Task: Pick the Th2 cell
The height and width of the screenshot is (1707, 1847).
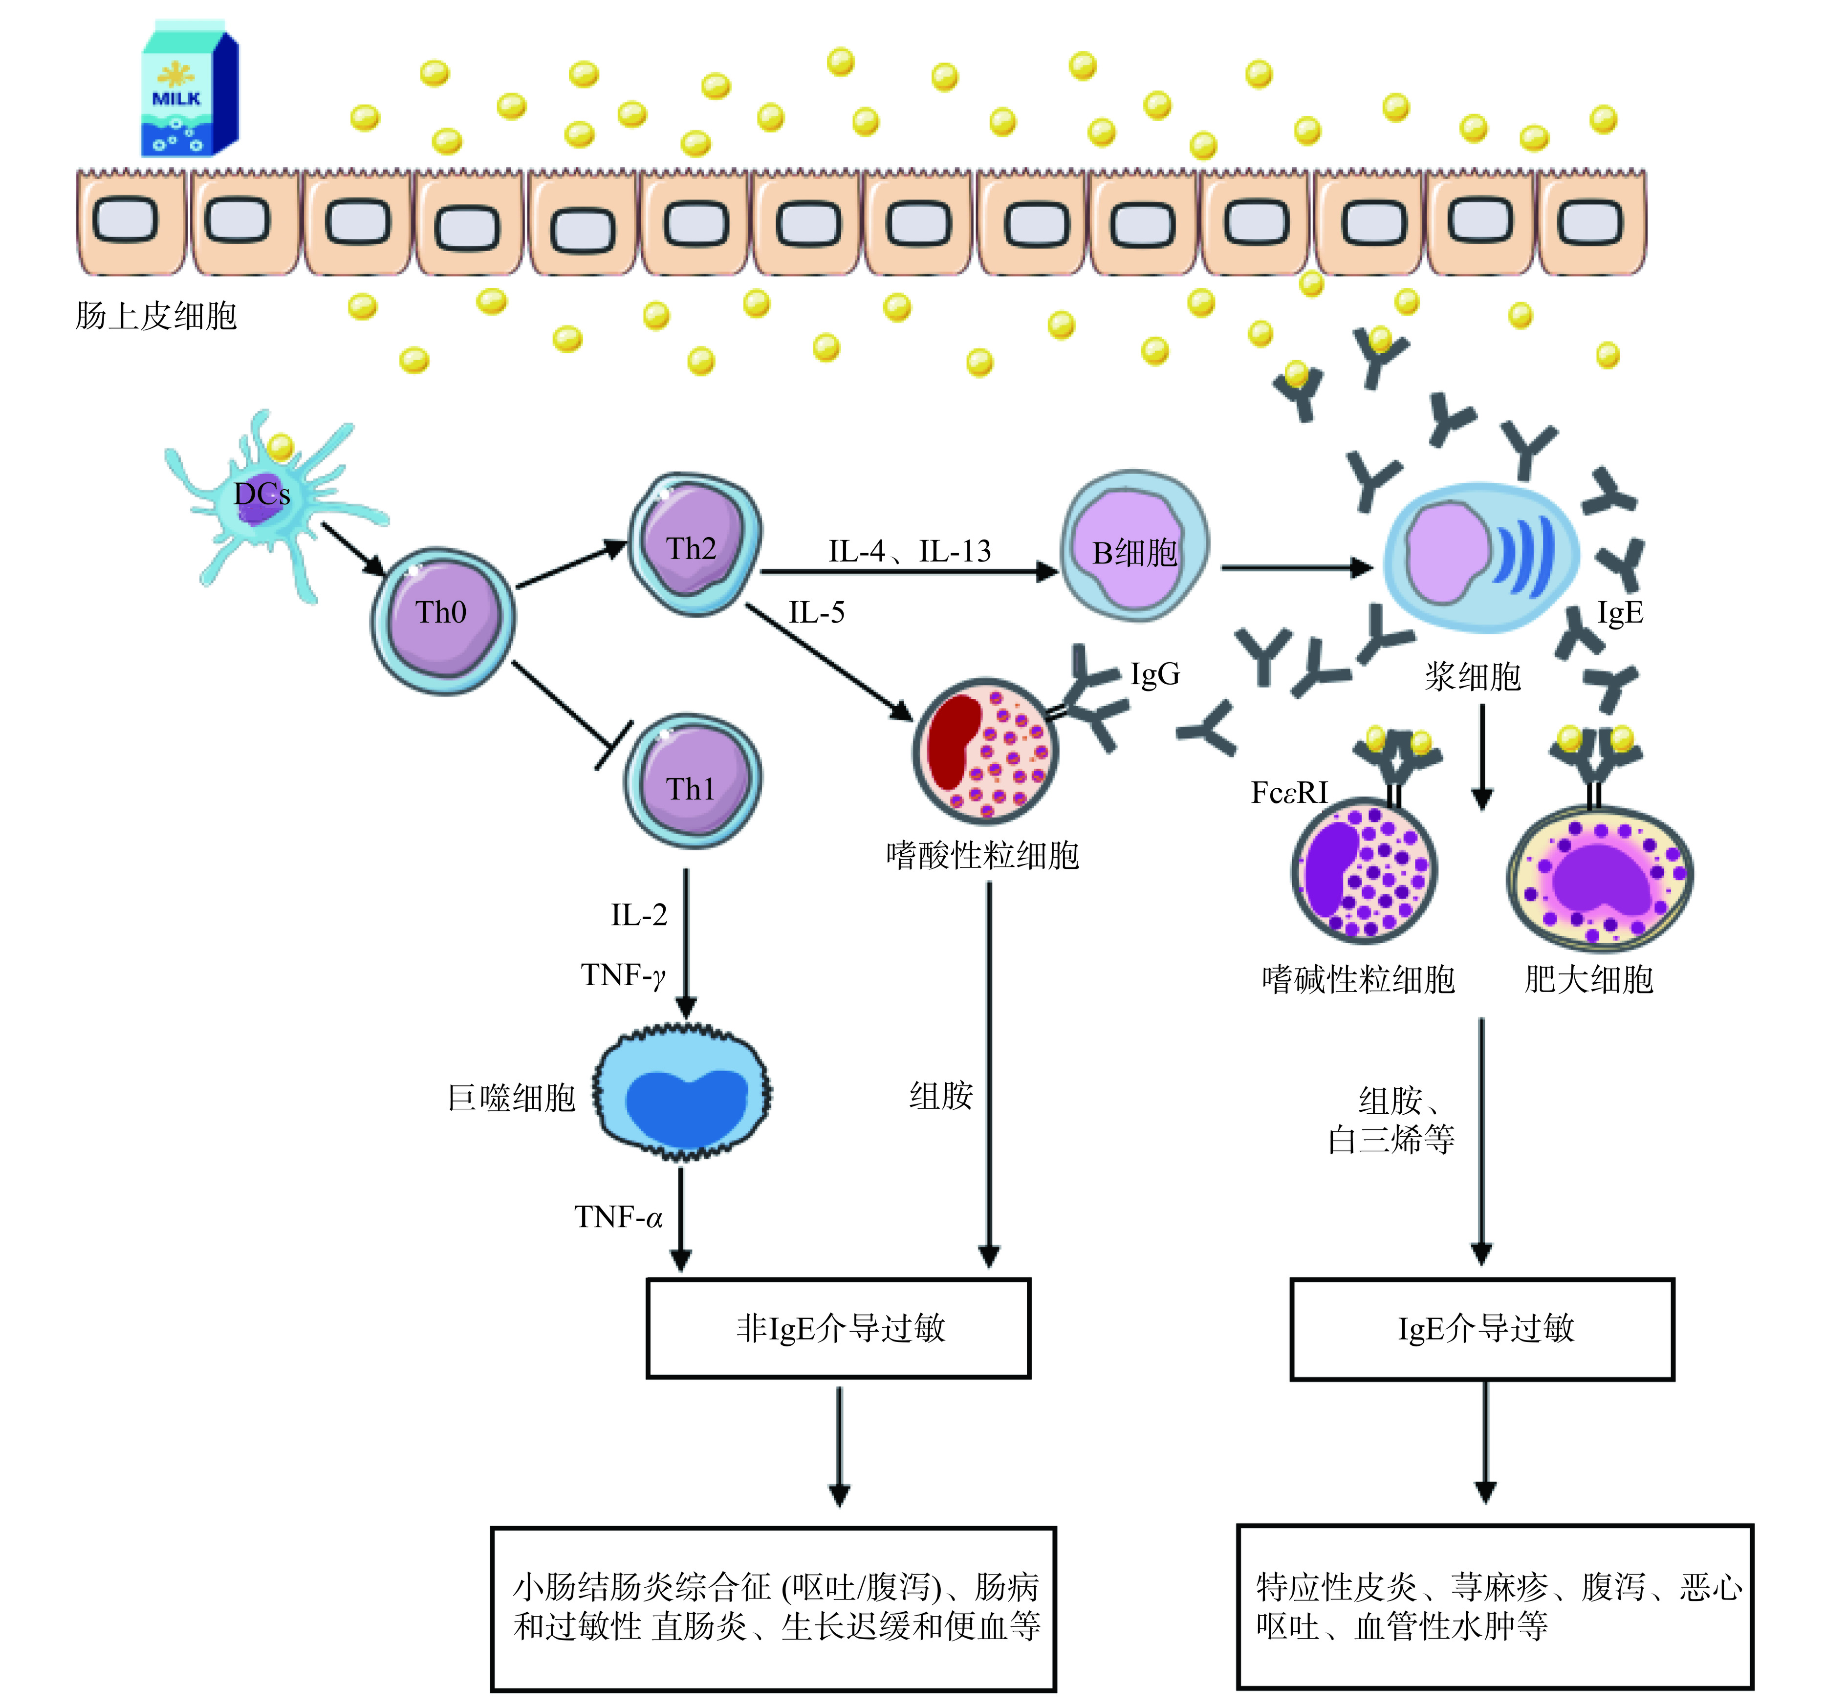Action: (695, 545)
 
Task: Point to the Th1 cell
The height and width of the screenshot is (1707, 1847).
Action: (693, 780)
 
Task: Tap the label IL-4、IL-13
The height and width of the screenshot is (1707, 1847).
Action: (909, 551)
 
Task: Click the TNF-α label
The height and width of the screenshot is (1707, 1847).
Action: (619, 1217)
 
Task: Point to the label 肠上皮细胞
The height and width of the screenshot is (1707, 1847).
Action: (156, 316)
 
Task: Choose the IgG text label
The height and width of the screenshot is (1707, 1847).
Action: (1155, 674)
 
